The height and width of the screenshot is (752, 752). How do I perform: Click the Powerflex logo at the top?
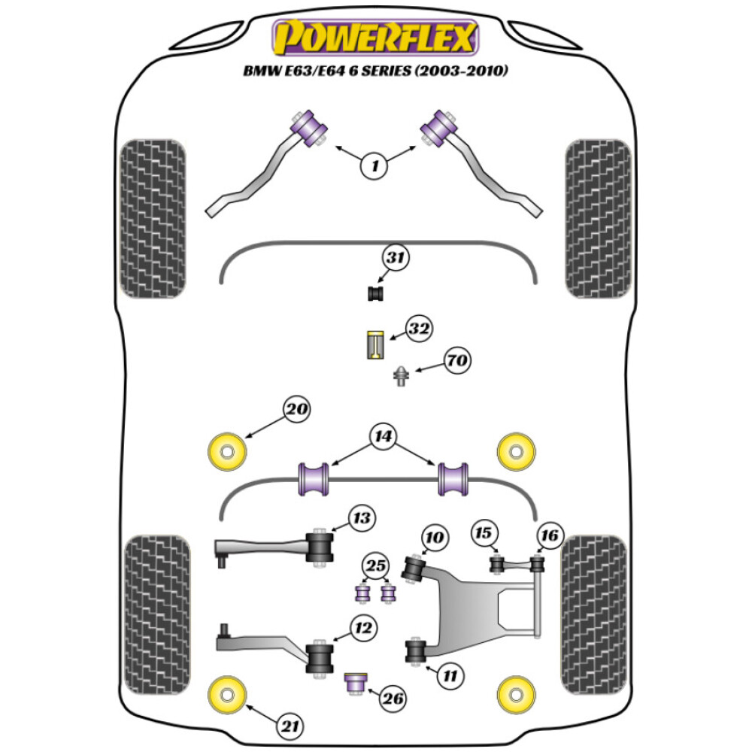point(376,38)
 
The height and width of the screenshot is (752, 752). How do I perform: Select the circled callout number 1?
point(374,165)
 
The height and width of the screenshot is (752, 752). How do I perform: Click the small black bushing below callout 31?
point(375,293)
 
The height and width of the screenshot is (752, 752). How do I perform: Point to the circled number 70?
point(456,361)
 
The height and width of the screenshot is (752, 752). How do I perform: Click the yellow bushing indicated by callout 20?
point(226,451)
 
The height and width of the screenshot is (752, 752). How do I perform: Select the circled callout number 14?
point(381,435)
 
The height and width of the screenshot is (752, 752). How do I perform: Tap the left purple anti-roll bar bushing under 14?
point(314,479)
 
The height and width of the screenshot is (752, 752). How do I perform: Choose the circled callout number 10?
point(435,538)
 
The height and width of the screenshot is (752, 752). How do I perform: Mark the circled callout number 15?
point(484,533)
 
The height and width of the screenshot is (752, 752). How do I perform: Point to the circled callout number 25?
point(375,566)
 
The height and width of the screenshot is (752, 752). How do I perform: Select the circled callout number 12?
point(364,626)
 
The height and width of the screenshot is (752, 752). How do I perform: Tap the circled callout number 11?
point(449,676)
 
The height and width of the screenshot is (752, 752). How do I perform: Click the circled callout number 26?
point(392,699)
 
